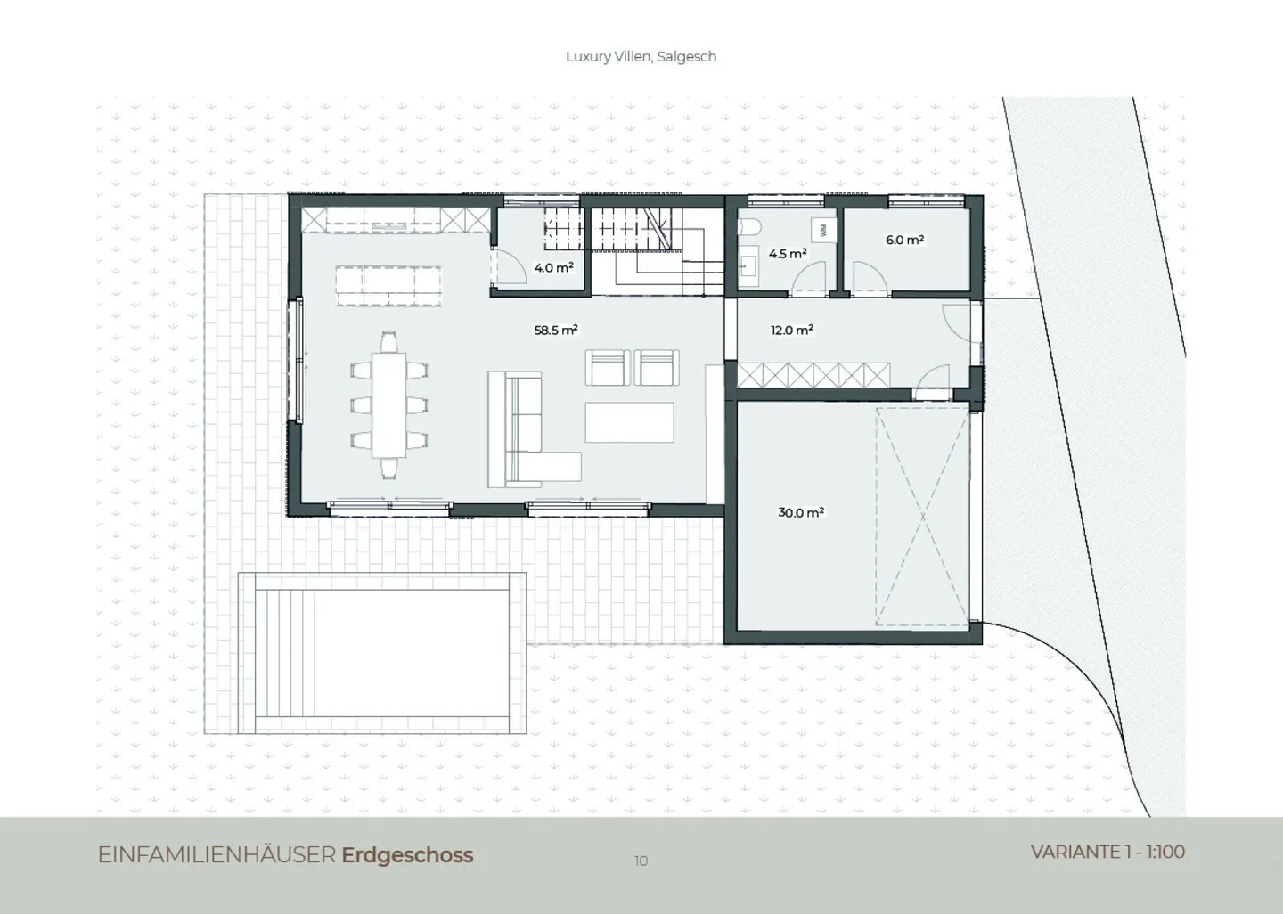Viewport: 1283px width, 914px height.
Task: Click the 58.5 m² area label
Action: [x=556, y=330]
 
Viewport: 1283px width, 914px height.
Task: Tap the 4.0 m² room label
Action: [x=553, y=267]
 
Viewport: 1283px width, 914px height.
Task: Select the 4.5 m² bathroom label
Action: [x=788, y=253]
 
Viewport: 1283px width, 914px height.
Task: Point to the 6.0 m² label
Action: [x=904, y=240]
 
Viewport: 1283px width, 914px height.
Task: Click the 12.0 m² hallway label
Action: [x=792, y=330]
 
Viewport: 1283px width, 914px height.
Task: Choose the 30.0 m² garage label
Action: [x=801, y=512]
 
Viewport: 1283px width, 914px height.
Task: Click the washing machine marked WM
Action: [x=823, y=230]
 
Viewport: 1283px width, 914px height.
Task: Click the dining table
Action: [x=388, y=404]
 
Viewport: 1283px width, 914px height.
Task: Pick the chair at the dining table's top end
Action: [x=388, y=342]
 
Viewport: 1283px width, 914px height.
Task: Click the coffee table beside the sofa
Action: [x=629, y=422]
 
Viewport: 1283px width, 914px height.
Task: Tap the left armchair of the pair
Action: [x=608, y=368]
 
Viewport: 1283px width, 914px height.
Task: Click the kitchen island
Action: [x=388, y=286]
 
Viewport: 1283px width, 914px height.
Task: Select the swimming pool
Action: [x=382, y=654]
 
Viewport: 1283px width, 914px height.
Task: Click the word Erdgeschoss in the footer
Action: [x=407, y=855]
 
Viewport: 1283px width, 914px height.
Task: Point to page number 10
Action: [x=641, y=861]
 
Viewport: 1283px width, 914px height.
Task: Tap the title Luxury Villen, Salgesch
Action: [x=641, y=57]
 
